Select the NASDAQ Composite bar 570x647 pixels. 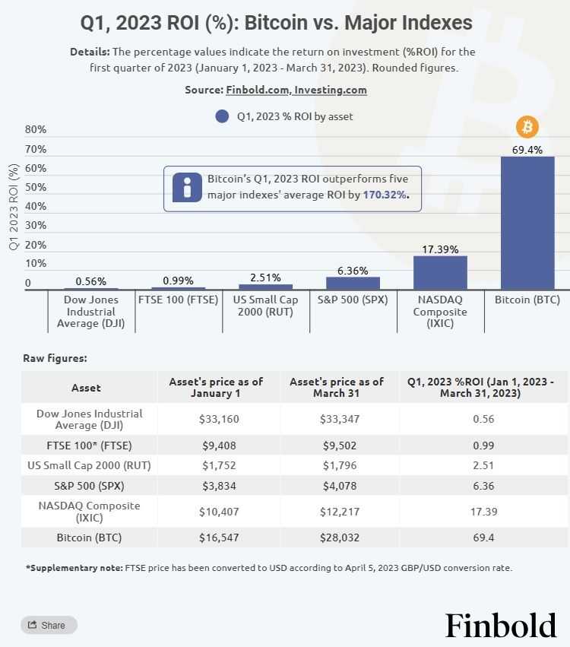[440, 272]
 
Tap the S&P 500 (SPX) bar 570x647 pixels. [353, 283]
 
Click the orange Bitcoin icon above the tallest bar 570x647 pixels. [527, 126]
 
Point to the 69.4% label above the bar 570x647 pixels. [527, 150]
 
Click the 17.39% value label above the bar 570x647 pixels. [440, 249]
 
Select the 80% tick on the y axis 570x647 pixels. [36, 129]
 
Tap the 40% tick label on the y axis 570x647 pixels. [36, 206]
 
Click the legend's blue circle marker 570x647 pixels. [222, 116]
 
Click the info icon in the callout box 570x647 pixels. [187, 188]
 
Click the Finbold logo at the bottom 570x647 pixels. [500, 625]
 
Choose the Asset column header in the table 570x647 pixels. [86, 388]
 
